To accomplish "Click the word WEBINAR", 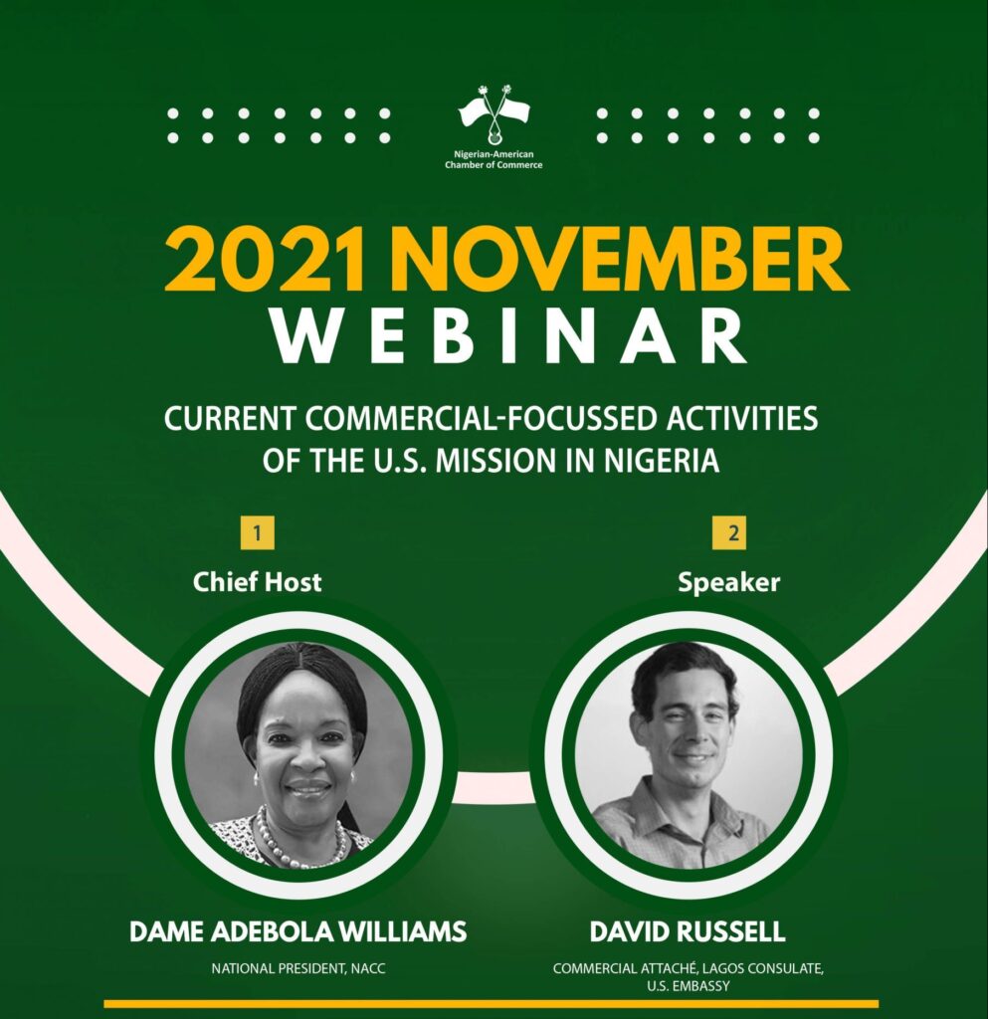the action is (x=508, y=338).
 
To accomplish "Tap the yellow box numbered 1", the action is (x=258, y=533).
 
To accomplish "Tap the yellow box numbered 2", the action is (x=729, y=533).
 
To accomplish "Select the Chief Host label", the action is (x=258, y=581).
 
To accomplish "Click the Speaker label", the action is (x=729, y=582).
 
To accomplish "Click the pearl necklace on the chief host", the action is (x=300, y=844).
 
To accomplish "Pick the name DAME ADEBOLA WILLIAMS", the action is (x=298, y=931).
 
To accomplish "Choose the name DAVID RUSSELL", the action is (x=688, y=931).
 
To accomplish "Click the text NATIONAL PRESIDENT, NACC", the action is (x=298, y=968).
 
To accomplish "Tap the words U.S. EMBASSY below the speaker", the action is (x=688, y=986).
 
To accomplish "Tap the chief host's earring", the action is (x=354, y=776).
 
